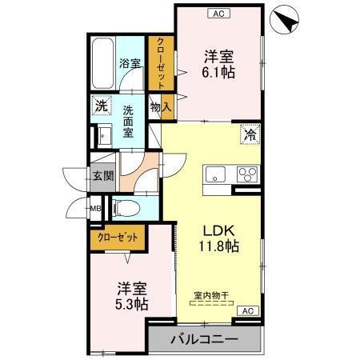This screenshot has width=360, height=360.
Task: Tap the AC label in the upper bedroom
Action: coord(217,13)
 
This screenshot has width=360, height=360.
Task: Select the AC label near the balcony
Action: coord(247,310)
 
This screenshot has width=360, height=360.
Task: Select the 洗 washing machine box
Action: coord(101,105)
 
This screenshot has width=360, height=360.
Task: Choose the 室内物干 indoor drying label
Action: coord(211,296)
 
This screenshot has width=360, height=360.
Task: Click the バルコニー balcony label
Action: coord(204,339)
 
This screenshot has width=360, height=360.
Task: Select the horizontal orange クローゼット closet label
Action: coord(118,237)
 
